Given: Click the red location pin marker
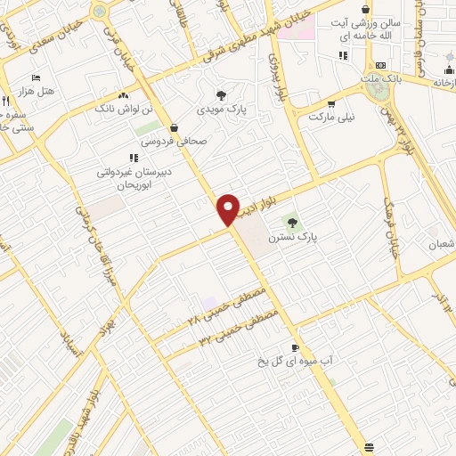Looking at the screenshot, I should coord(229,208).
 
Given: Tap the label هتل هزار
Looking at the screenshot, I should coord(37,92).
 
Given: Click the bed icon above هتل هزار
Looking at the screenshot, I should coord(35,77).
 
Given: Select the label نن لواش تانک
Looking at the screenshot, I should coord(124,108).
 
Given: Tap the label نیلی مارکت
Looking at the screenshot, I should coord(331,117).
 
